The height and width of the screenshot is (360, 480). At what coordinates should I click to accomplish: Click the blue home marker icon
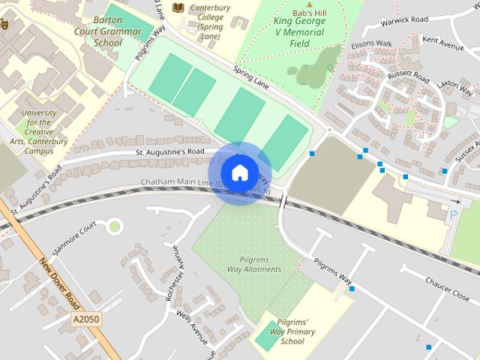point(239,172)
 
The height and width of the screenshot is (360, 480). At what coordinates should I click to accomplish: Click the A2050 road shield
point(86,319)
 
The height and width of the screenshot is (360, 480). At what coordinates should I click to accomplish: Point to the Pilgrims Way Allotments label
point(255,264)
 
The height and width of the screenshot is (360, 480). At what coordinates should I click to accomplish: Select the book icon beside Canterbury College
point(178,7)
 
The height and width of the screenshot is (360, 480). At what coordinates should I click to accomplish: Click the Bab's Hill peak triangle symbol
point(307,5)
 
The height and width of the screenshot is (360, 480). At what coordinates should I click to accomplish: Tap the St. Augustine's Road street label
point(170,151)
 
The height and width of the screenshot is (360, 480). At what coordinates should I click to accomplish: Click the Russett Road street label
point(408,77)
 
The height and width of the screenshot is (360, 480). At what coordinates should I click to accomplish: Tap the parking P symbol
point(452,215)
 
